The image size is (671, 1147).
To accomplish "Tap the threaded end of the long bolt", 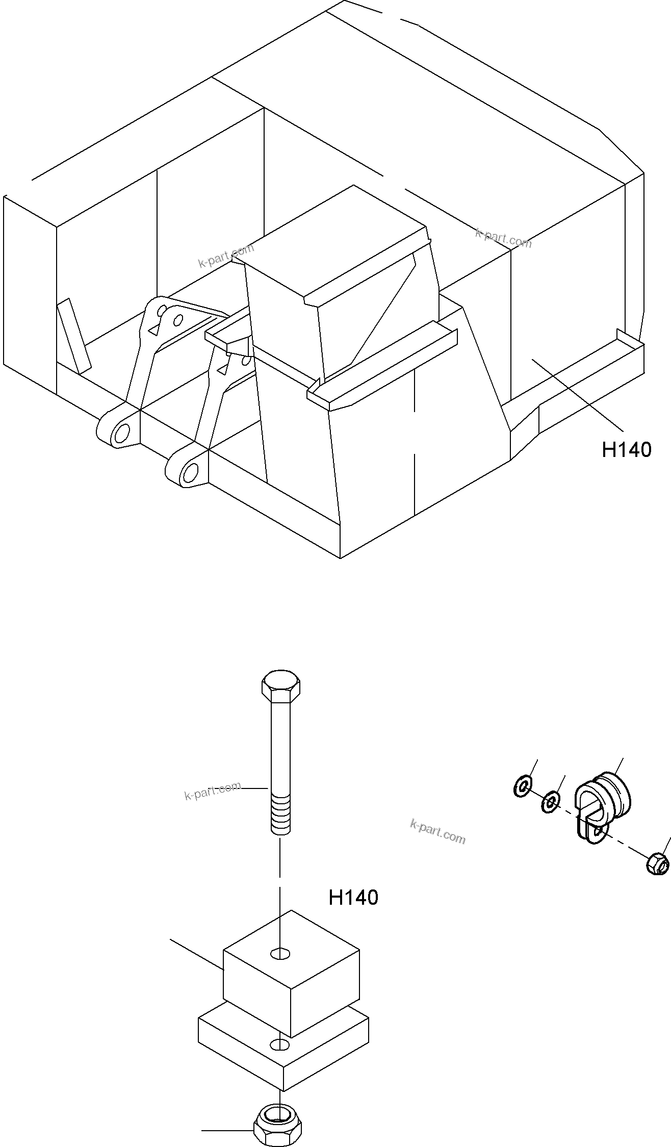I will (x=280, y=817).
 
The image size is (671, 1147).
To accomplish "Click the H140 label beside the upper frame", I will (x=626, y=450).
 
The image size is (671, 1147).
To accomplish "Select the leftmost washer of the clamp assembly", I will (x=522, y=786).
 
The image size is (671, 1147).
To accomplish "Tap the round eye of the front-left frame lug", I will (x=122, y=434).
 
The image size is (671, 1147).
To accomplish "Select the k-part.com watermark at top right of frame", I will (x=503, y=238).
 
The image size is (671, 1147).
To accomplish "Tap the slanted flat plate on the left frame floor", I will (x=74, y=337).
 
